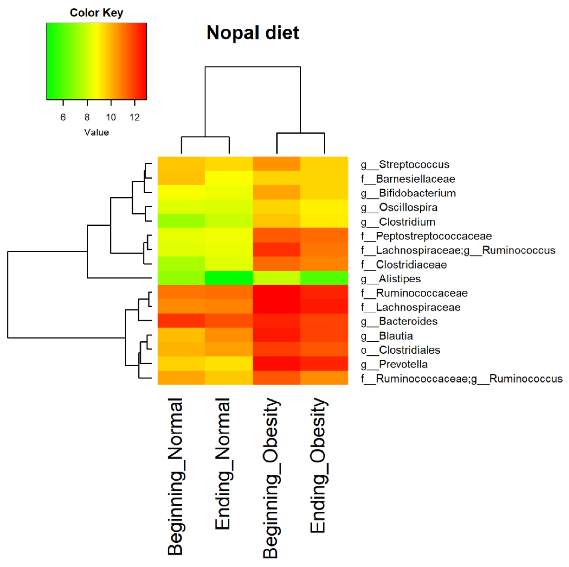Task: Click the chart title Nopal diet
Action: (x=253, y=32)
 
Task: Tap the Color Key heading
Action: (x=96, y=13)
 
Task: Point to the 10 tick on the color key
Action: (x=111, y=117)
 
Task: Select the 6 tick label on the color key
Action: (x=63, y=117)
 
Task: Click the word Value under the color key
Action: (x=96, y=132)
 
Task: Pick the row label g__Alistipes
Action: (x=391, y=279)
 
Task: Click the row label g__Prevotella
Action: (x=394, y=364)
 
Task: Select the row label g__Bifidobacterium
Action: (x=408, y=193)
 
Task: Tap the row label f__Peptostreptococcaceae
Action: (x=426, y=236)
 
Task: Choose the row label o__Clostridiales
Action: (x=400, y=350)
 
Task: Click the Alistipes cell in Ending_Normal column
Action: (x=229, y=278)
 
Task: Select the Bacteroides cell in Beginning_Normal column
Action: (x=181, y=321)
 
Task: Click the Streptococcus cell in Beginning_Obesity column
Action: (x=276, y=164)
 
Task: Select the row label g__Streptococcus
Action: (x=405, y=164)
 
